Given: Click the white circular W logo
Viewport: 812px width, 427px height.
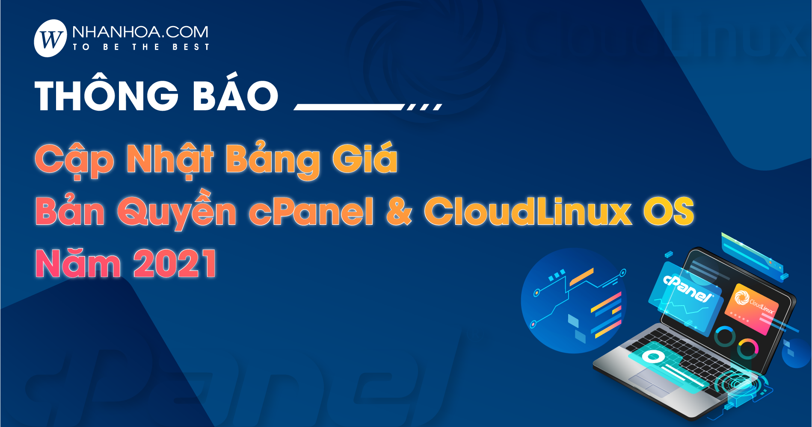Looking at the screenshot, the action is coord(50,38).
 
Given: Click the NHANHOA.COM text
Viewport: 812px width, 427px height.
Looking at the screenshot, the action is coord(140,32).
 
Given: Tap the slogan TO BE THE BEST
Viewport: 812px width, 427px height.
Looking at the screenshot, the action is coord(141,47).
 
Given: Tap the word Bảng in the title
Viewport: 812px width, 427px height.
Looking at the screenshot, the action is coord(273,160).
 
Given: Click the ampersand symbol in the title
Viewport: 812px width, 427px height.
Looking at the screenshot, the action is coord(400,211).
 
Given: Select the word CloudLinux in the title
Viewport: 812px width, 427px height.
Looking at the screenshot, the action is coord(528,211).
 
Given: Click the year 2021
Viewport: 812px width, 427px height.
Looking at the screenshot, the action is coord(175,263).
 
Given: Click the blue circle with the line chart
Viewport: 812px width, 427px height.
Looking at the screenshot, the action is coord(574,301).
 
